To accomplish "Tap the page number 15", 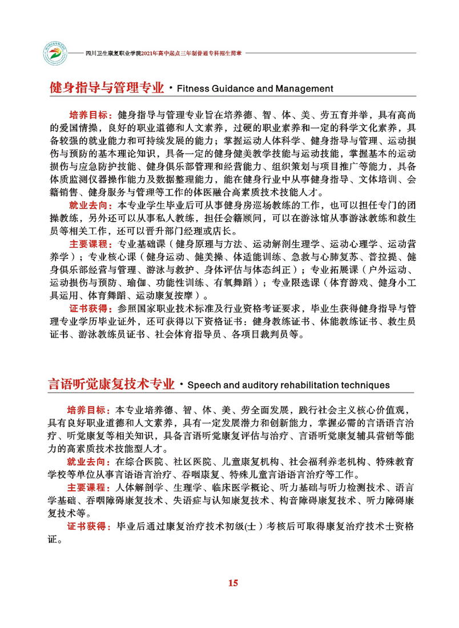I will pyautogui.click(x=232, y=583).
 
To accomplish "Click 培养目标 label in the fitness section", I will pyautogui.click(x=88, y=115).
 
